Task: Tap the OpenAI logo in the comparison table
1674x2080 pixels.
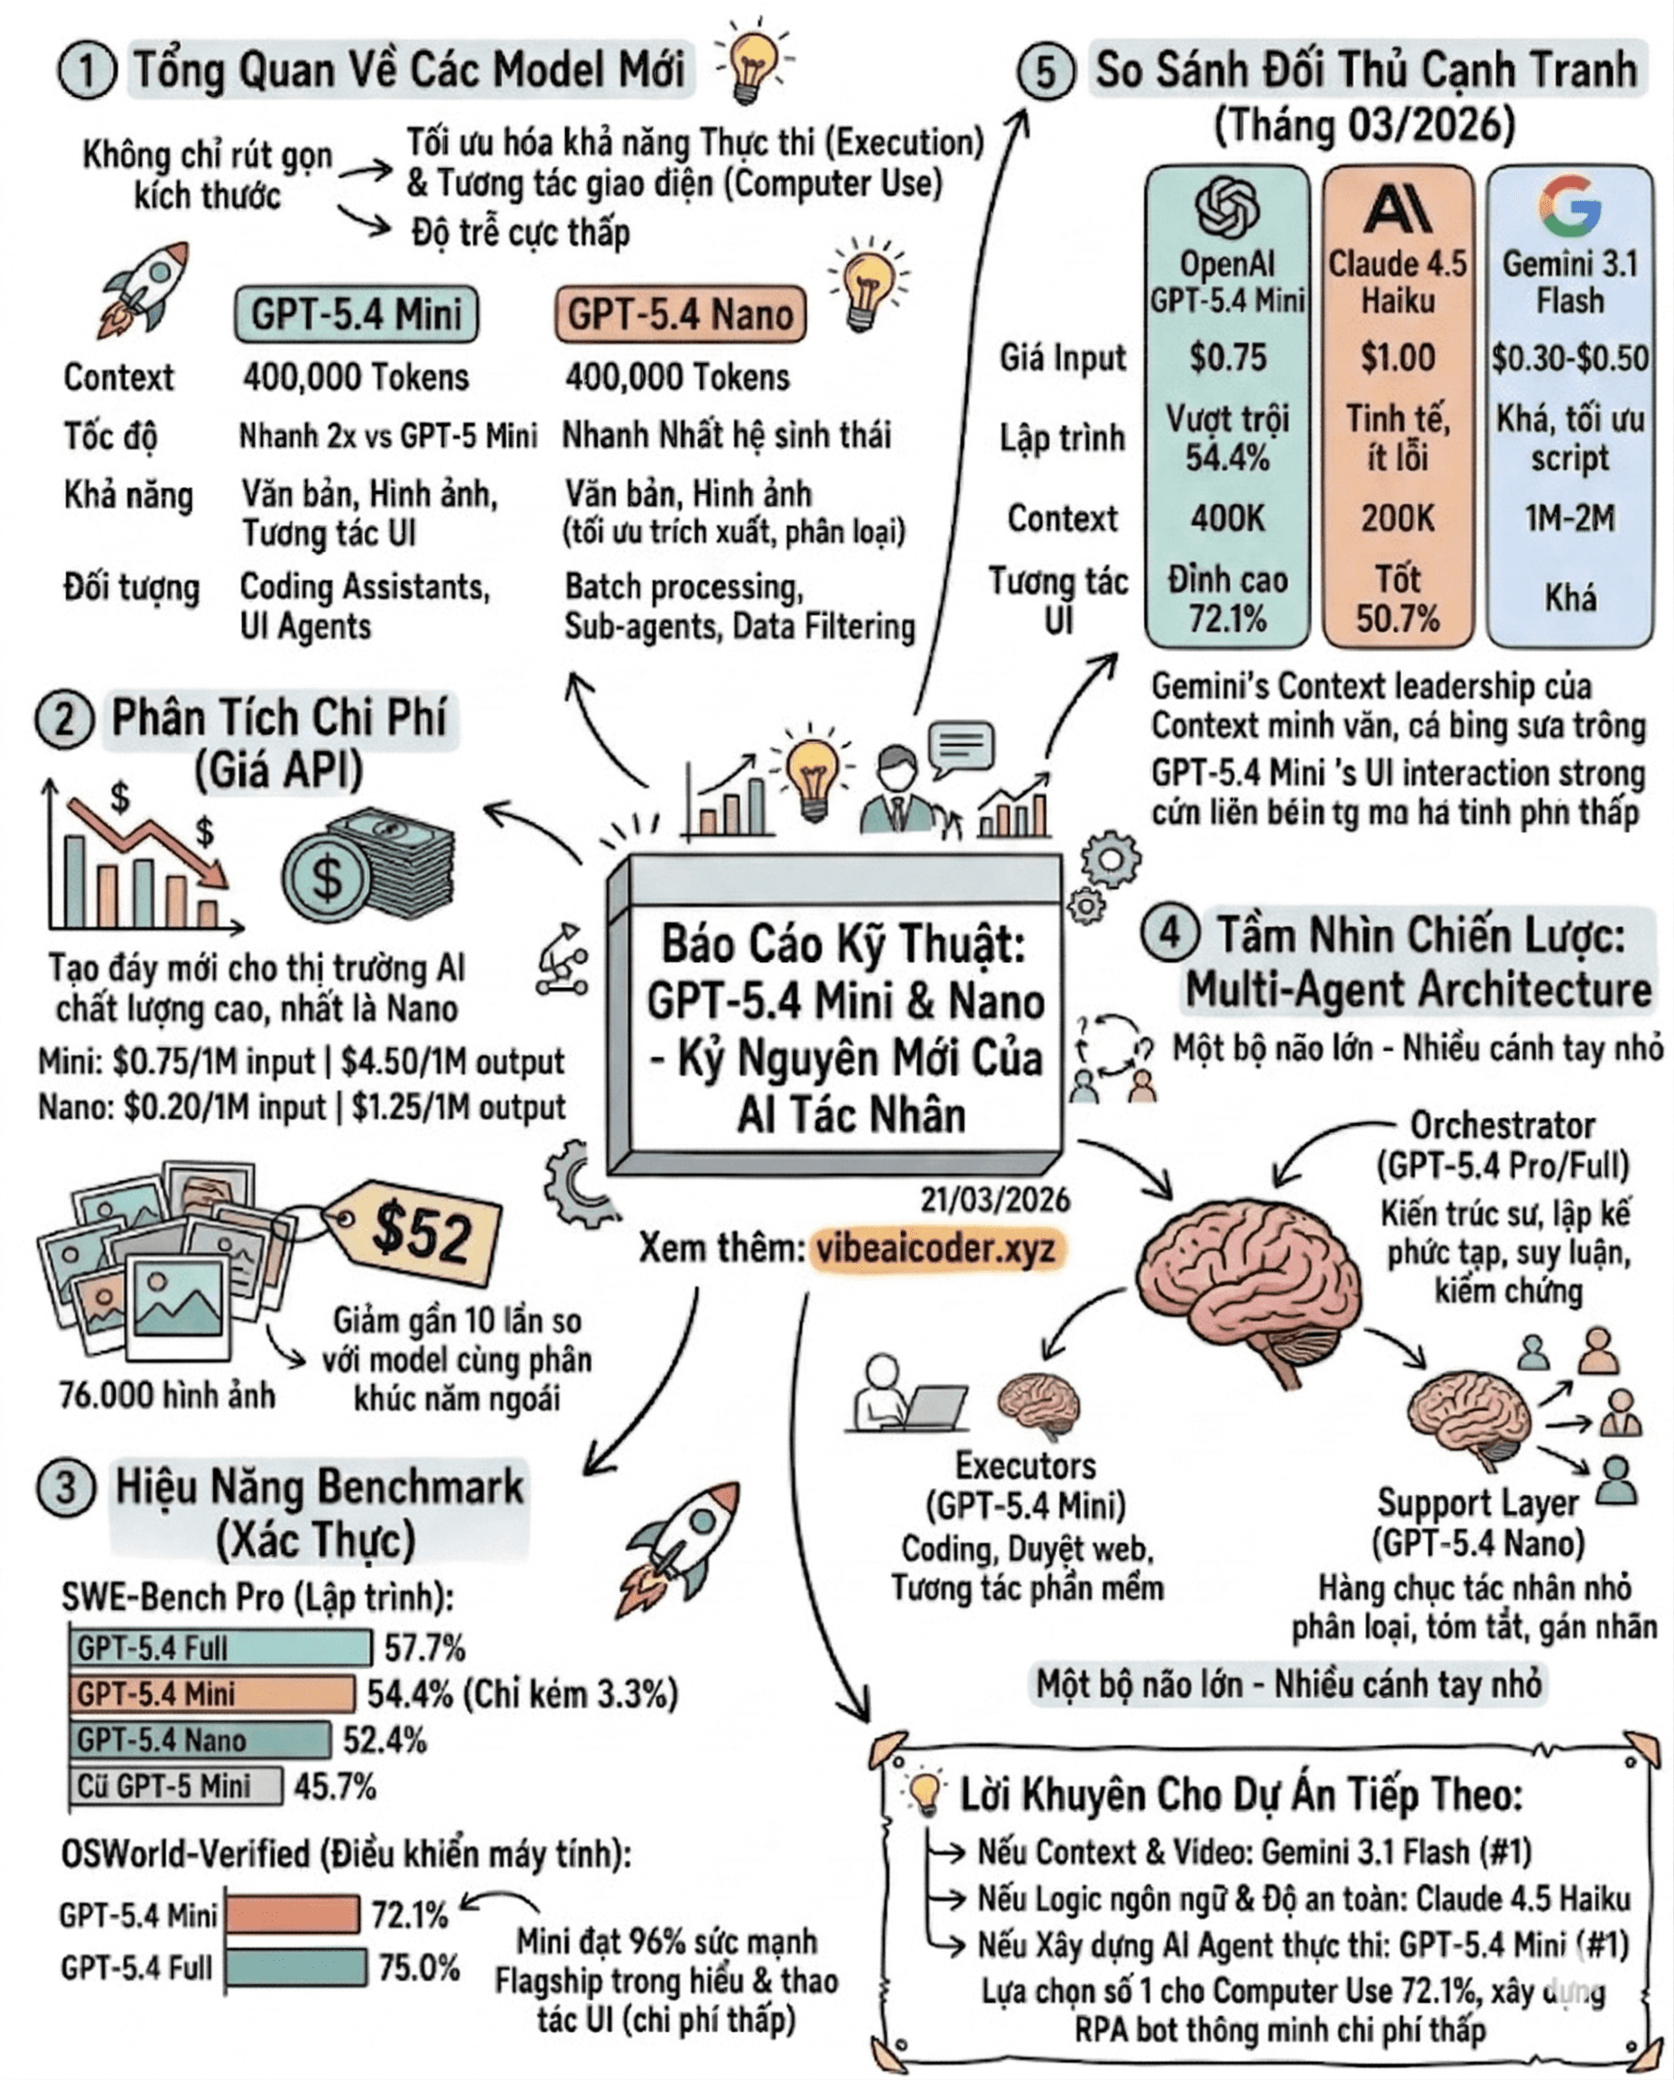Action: pyautogui.click(x=1227, y=208)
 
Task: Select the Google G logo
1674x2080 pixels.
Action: pyautogui.click(x=1570, y=207)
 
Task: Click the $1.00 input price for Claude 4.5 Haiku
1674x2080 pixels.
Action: pyautogui.click(x=1397, y=357)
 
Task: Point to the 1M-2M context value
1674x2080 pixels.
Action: pyautogui.click(x=1570, y=519)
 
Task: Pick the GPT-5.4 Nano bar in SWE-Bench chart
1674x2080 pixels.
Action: pyautogui.click(x=200, y=1740)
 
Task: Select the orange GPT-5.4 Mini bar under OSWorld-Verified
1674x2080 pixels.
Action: pyautogui.click(x=293, y=1914)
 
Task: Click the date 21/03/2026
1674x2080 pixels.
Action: pyautogui.click(x=995, y=1199)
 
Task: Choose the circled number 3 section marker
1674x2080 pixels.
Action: pyautogui.click(x=66, y=1487)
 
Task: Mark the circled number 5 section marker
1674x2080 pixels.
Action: pyautogui.click(x=1046, y=72)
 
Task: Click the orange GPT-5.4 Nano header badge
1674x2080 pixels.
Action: pyautogui.click(x=680, y=314)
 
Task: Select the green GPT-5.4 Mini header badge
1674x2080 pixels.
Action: pyautogui.click(x=356, y=314)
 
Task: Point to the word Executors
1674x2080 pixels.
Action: pyautogui.click(x=1026, y=1465)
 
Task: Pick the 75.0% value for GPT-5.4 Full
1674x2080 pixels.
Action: pyautogui.click(x=418, y=1967)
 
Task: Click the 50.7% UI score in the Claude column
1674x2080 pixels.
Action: pyautogui.click(x=1397, y=618)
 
